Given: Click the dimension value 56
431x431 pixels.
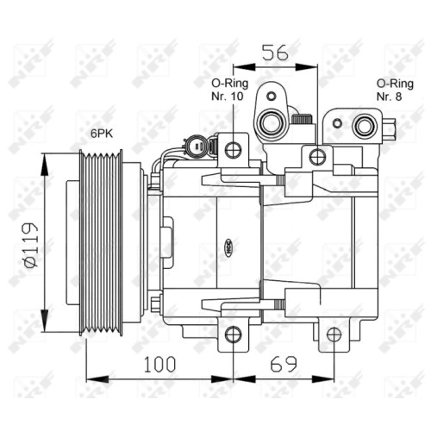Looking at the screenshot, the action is [275, 53].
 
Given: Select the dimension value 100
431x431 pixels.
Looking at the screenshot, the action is [159, 364].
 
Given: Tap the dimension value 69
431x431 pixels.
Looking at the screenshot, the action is [284, 364].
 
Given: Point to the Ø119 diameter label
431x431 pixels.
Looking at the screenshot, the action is [32, 245].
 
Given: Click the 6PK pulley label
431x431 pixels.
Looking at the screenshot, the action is [102, 134].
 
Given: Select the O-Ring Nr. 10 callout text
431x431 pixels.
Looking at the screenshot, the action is [229, 90].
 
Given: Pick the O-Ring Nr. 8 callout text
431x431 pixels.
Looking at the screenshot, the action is [395, 90].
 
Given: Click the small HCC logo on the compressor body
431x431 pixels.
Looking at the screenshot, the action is [229, 247].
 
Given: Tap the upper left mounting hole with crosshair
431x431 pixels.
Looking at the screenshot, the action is [233, 150].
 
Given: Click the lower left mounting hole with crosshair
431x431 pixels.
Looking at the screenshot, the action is [233, 334].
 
